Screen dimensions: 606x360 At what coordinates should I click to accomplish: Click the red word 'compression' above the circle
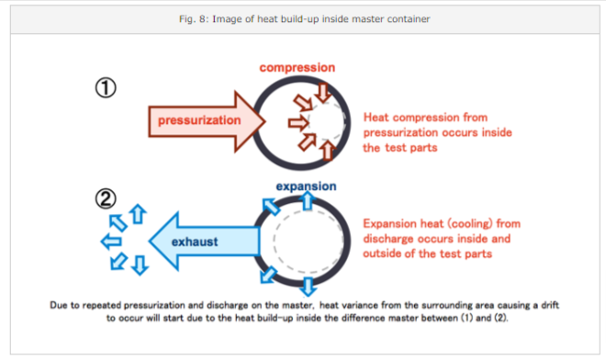(297, 68)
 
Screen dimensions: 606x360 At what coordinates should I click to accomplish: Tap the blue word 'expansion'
(306, 186)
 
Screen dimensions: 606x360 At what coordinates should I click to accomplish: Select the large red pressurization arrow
(207, 121)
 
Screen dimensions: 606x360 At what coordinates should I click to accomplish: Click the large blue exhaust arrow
(204, 242)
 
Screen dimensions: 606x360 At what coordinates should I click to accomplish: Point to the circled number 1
(106, 87)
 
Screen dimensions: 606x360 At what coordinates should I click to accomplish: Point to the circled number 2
(106, 198)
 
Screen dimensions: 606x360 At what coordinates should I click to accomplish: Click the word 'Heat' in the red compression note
(376, 118)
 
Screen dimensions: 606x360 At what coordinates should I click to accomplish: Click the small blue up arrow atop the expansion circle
(308, 201)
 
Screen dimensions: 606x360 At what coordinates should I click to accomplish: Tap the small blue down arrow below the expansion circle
(308, 287)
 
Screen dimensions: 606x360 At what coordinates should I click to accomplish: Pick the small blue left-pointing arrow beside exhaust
(111, 242)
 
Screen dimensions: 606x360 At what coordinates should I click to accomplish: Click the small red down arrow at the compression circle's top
(323, 93)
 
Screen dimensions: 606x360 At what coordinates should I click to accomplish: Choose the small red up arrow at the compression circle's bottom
(328, 151)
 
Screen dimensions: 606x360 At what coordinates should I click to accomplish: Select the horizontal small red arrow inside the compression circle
(298, 123)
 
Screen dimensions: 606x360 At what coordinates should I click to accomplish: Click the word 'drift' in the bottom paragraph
(550, 305)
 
